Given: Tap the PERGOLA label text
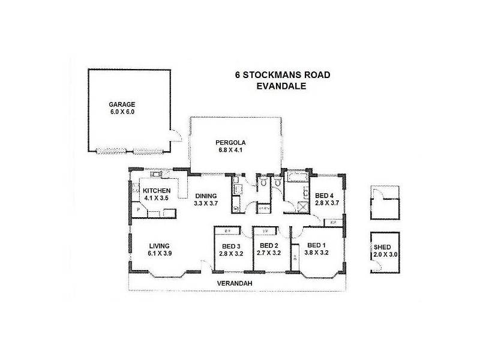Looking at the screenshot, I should click(x=232, y=142).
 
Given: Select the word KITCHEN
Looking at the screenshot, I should click(x=157, y=191).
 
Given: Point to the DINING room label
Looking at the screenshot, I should click(x=206, y=196).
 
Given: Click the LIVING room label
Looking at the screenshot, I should click(x=160, y=245).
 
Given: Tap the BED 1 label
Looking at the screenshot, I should click(x=317, y=245).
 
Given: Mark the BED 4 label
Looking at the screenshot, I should click(x=325, y=196).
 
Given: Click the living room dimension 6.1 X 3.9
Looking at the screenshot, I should click(x=160, y=254).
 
